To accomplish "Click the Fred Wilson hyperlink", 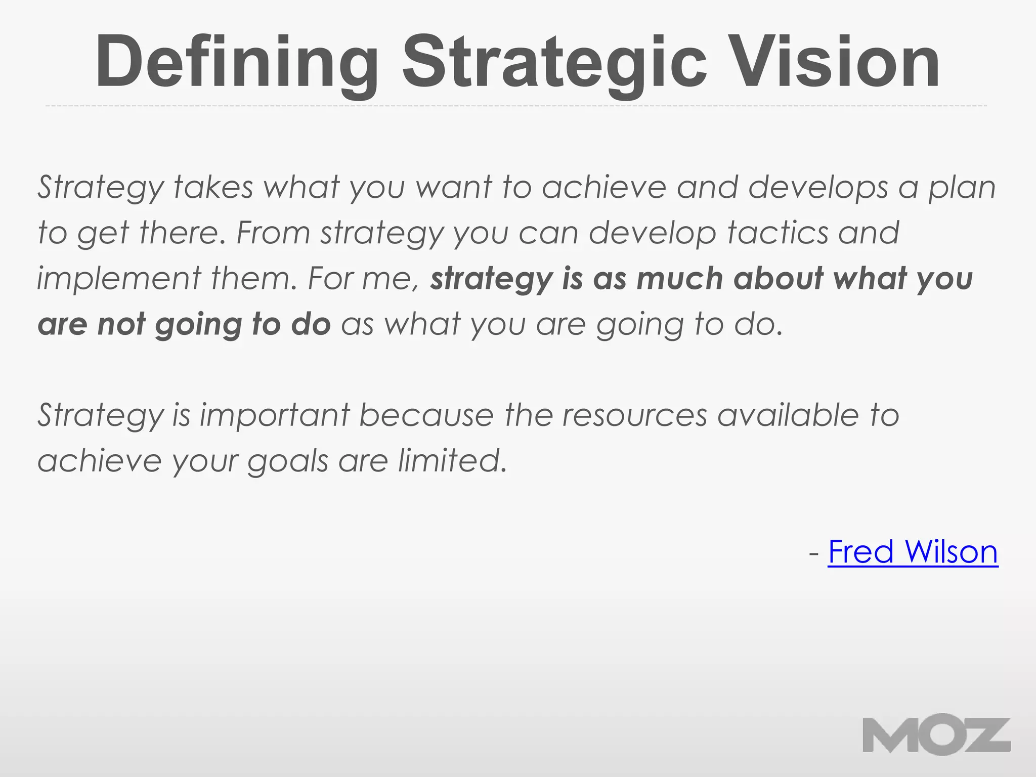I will point(913,551).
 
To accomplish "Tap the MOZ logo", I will point(936,736).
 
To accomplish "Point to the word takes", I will point(213,187).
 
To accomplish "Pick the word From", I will point(273,233).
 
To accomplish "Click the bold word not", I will point(121,324).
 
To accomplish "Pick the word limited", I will point(452,460).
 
